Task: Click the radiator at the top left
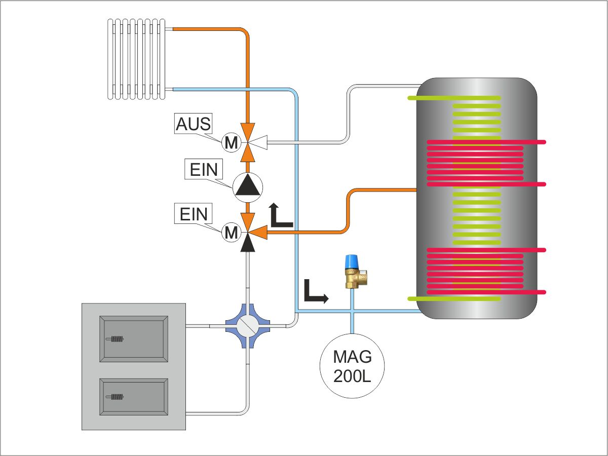click(136, 58)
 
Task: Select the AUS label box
click(193, 125)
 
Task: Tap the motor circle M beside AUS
click(231, 143)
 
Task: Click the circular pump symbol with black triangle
click(248, 186)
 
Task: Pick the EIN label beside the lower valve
click(194, 214)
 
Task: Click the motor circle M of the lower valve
click(231, 233)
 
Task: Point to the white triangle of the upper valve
click(258, 144)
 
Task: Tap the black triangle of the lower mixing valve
click(248, 244)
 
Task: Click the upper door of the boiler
click(134, 338)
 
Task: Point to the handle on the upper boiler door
click(115, 339)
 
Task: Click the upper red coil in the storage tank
click(476, 162)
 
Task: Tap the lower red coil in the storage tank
click(476, 271)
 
